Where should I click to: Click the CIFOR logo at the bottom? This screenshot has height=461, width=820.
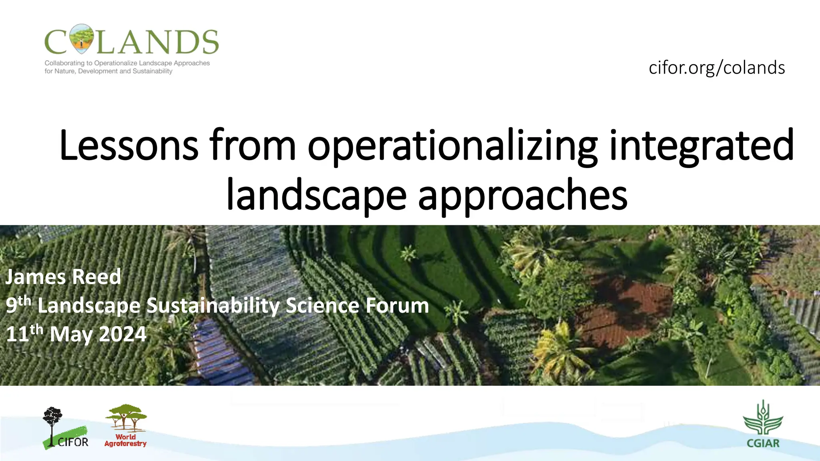click(65, 428)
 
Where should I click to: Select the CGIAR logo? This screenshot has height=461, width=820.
click(763, 425)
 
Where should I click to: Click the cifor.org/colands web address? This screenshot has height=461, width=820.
click(716, 68)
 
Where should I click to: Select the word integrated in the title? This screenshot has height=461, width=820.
click(701, 146)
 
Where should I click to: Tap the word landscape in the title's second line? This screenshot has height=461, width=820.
click(316, 195)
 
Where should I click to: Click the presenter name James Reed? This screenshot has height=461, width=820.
click(63, 277)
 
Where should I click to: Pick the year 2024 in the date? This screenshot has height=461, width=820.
click(123, 334)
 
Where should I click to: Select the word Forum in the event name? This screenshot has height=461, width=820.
click(397, 306)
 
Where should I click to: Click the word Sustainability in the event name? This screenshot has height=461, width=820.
click(213, 306)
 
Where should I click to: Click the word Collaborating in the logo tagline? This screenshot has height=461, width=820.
click(64, 63)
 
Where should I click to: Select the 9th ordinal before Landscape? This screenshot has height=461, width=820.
click(18, 305)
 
